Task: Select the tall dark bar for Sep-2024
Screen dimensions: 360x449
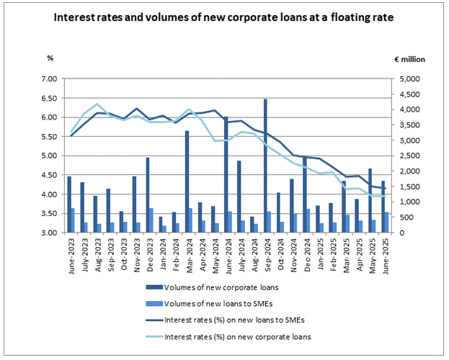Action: click(265, 166)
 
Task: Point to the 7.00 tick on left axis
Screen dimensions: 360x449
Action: click(47, 78)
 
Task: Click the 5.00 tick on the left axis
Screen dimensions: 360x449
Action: click(47, 156)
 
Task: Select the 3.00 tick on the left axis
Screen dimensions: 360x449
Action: click(47, 233)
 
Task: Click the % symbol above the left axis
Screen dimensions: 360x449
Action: click(50, 57)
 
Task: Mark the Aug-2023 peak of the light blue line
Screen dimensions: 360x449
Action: click(97, 104)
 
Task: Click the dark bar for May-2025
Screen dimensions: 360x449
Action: click(369, 200)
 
